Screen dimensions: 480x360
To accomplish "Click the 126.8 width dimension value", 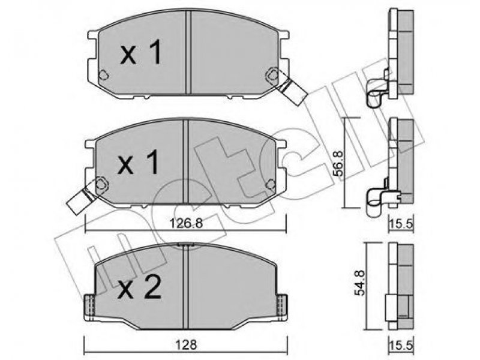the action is click(x=186, y=223).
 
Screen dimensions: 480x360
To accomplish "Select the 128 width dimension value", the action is click(x=186, y=345).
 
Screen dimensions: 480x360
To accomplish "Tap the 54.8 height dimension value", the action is click(x=360, y=283).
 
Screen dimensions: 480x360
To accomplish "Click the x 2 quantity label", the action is click(x=140, y=287).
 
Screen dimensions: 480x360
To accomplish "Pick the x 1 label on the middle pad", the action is click(x=139, y=162).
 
